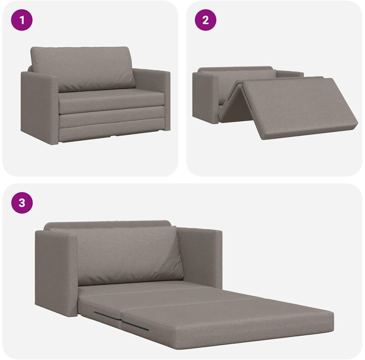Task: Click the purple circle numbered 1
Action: pyautogui.click(x=22, y=20)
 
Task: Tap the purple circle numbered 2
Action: pyautogui.click(x=206, y=20)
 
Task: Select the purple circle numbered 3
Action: pyautogui.click(x=22, y=203)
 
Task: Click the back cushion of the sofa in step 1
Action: pyautogui.click(x=83, y=68)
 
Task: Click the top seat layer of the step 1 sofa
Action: pyautogui.click(x=112, y=101)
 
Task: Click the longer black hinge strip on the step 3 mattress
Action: pyautogui.click(x=135, y=326)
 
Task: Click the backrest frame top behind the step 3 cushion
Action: pyautogui.click(x=107, y=224)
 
